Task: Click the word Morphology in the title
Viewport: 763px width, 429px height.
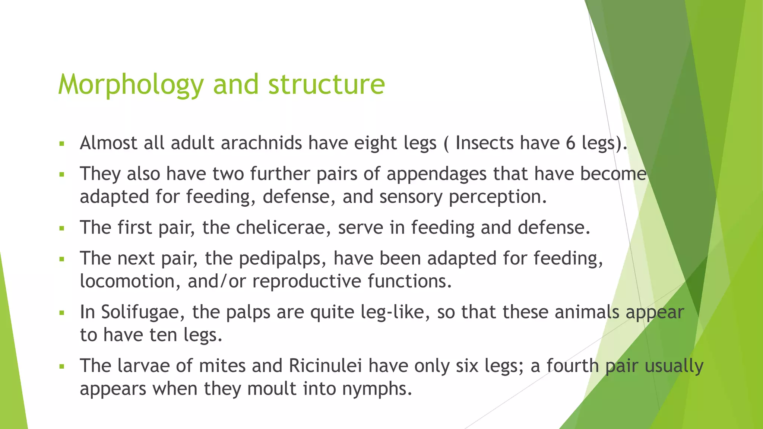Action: [x=130, y=85]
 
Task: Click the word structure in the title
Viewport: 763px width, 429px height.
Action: [x=326, y=85]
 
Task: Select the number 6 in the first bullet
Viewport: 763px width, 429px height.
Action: [x=570, y=143]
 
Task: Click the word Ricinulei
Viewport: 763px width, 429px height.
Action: [x=325, y=366]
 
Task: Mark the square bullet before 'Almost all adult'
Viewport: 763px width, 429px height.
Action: [x=62, y=144]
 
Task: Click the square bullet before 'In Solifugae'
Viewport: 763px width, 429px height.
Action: [x=62, y=313]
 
